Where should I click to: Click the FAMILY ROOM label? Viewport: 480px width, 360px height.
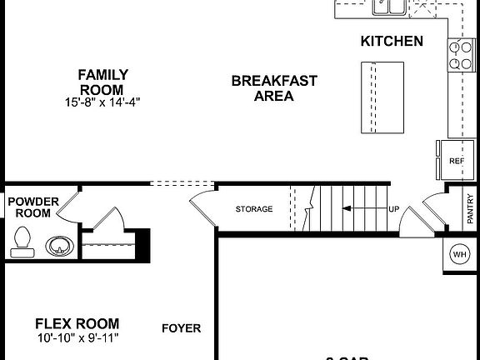coord(101,82)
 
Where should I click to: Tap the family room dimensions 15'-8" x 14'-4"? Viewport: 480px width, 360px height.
coord(101,102)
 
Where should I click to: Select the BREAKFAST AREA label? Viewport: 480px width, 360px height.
coord(273,87)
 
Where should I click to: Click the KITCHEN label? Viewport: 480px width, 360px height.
coord(392,41)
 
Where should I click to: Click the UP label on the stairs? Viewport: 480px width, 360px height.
coord(393,208)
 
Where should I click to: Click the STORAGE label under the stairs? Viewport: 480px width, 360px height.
coord(254,208)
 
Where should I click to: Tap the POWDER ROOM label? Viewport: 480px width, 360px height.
coord(33,207)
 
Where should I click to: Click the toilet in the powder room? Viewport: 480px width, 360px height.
coord(23,241)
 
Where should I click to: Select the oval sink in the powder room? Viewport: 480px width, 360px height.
coord(58,247)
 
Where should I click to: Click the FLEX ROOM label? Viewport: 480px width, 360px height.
coord(77,323)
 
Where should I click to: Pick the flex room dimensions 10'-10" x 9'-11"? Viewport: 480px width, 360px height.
coord(77,338)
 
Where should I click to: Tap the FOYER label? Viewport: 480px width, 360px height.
coord(181,328)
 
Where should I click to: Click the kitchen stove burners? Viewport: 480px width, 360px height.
coord(459,54)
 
